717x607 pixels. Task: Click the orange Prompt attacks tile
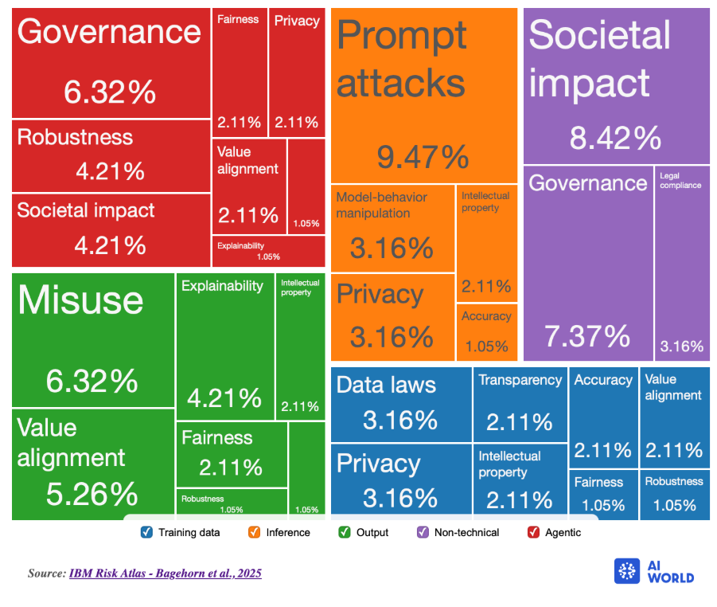pyautogui.click(x=423, y=96)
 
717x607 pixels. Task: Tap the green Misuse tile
pyautogui.click(x=92, y=339)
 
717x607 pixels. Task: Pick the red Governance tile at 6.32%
pyautogui.click(x=111, y=63)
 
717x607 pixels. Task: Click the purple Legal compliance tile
pyautogui.click(x=681, y=263)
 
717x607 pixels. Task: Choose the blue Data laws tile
pyautogui.click(x=400, y=403)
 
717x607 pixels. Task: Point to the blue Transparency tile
pyautogui.click(x=520, y=403)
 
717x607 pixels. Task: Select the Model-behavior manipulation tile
pyautogui.click(x=392, y=227)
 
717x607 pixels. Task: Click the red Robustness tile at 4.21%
pyautogui.click(x=111, y=154)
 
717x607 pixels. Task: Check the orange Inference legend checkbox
pyautogui.click(x=255, y=532)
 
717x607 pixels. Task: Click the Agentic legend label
pyautogui.click(x=562, y=532)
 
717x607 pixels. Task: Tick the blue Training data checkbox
pyautogui.click(x=146, y=532)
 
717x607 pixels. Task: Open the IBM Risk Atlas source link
pyautogui.click(x=165, y=574)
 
